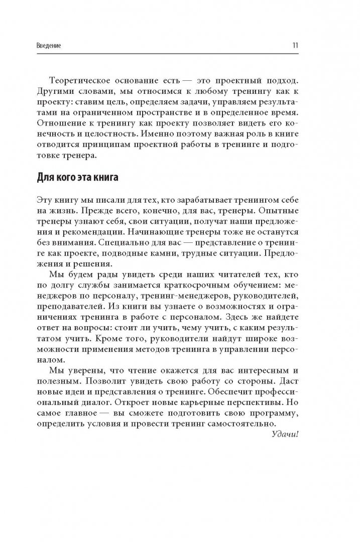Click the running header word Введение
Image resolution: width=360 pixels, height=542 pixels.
click(x=49, y=45)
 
